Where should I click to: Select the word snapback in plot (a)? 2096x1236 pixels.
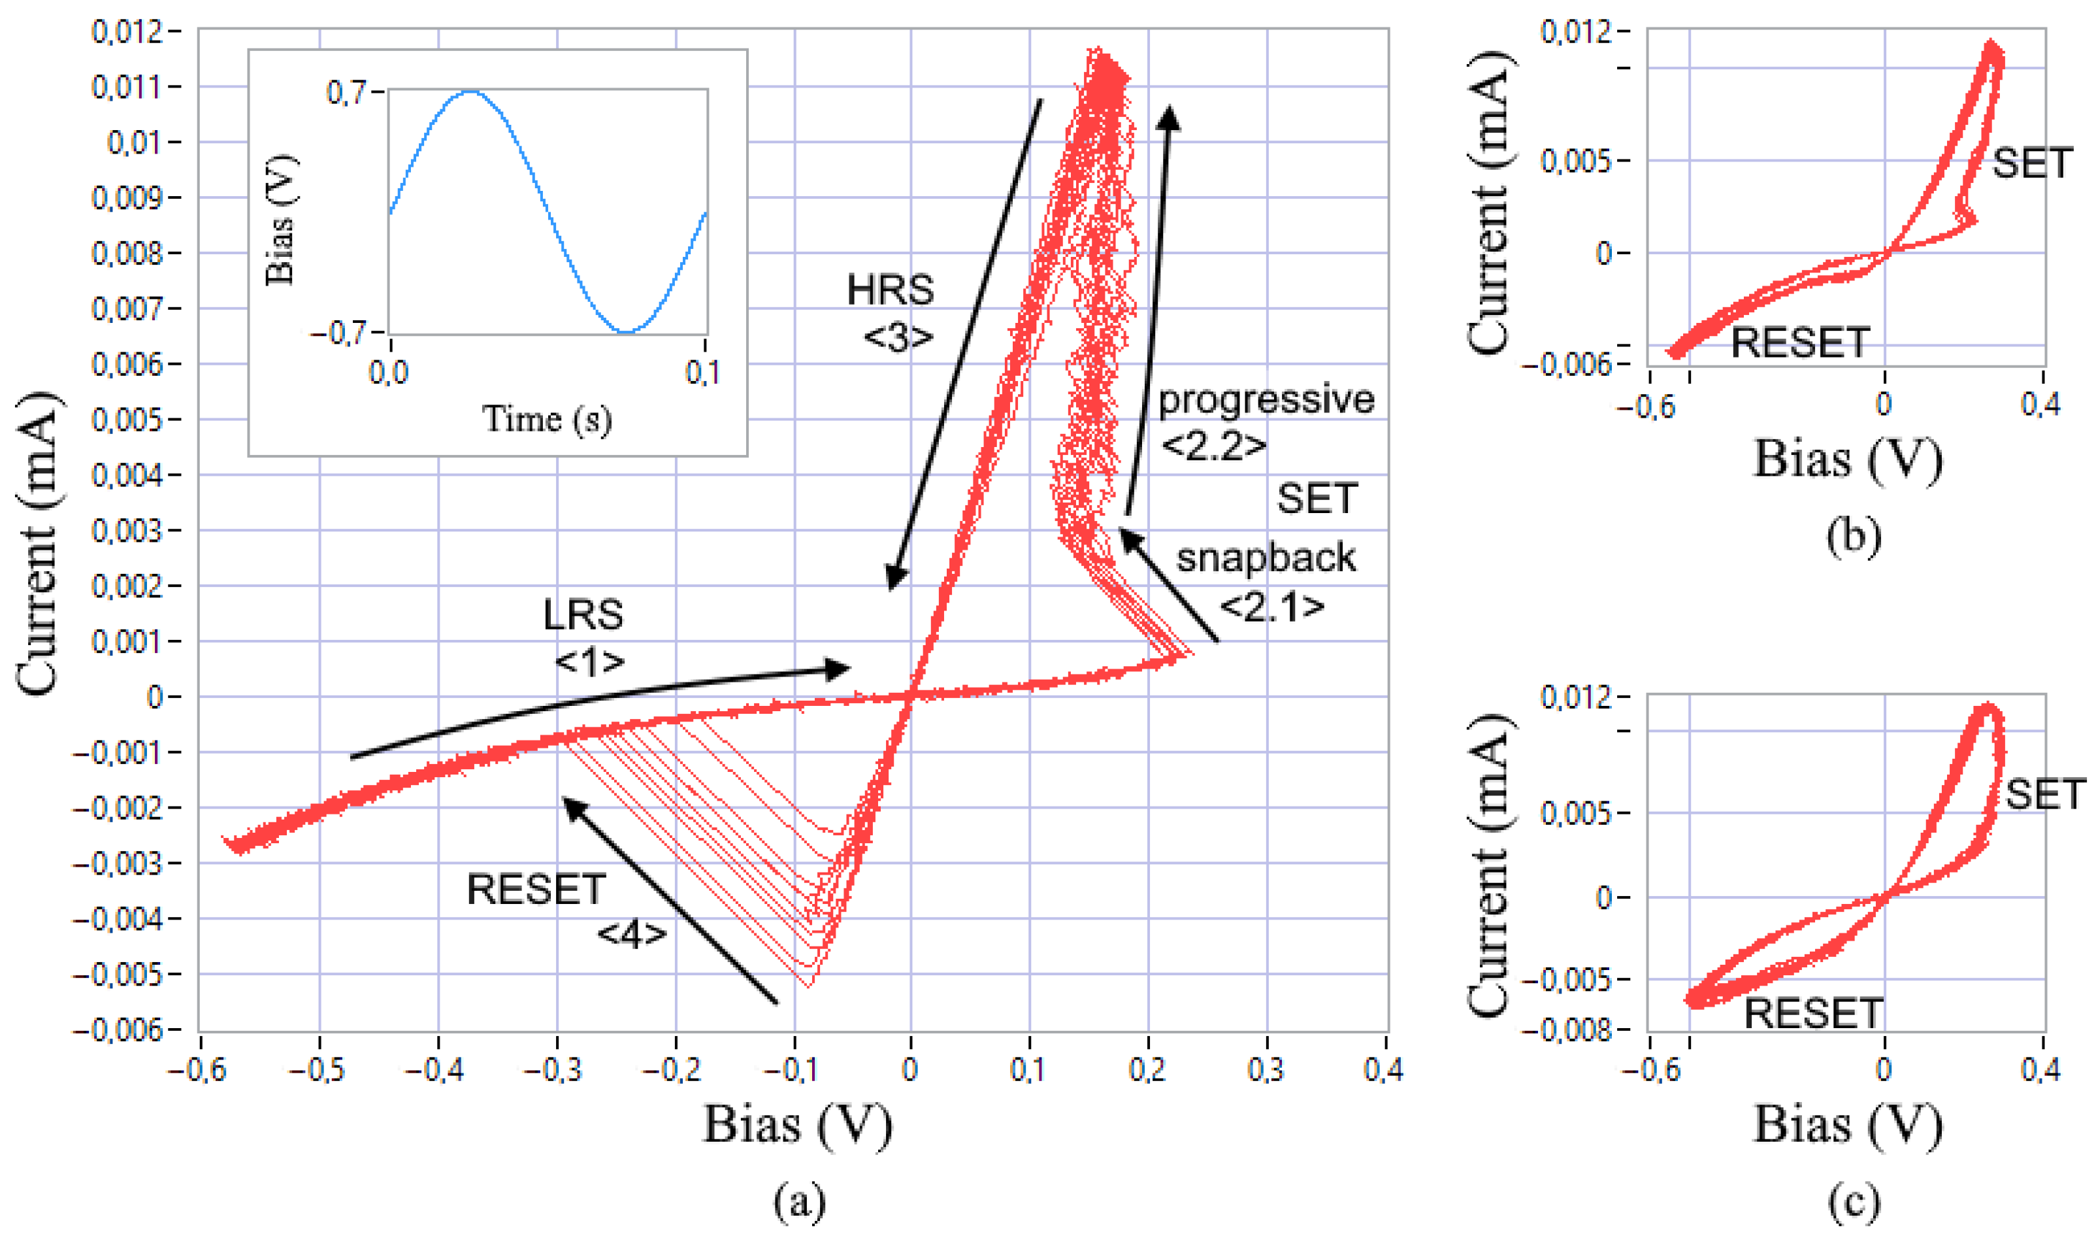tap(1266, 558)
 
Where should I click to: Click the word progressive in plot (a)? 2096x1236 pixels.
tap(1266, 400)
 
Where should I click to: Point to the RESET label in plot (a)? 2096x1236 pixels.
tap(535, 890)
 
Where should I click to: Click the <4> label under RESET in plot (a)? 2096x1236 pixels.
tap(632, 935)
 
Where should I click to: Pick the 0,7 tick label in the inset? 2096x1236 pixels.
tap(346, 92)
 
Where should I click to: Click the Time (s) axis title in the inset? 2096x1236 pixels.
tap(547, 419)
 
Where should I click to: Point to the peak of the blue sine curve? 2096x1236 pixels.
tap(470, 92)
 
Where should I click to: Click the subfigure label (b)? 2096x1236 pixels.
tap(1854, 537)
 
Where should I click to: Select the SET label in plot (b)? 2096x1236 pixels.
tap(2031, 163)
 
